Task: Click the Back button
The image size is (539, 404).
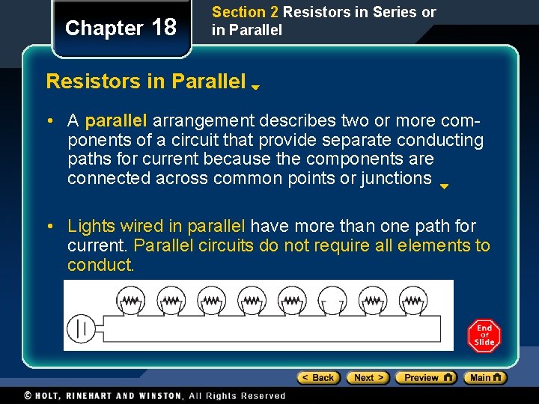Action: (318, 378)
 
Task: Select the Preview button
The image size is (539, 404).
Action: (425, 378)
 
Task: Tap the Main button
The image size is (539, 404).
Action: (485, 378)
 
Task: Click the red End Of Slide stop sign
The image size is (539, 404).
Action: (484, 336)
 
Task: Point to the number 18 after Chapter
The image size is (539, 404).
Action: (164, 28)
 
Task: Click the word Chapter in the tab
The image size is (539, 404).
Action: (104, 28)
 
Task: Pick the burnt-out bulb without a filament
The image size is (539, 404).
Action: (332, 302)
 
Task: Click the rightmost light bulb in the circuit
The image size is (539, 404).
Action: (412, 302)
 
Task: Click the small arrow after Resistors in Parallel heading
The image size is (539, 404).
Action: (255, 87)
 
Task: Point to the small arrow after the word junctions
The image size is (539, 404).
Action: (444, 186)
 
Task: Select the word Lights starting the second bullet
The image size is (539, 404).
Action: (90, 226)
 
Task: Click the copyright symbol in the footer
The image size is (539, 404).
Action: (28, 396)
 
